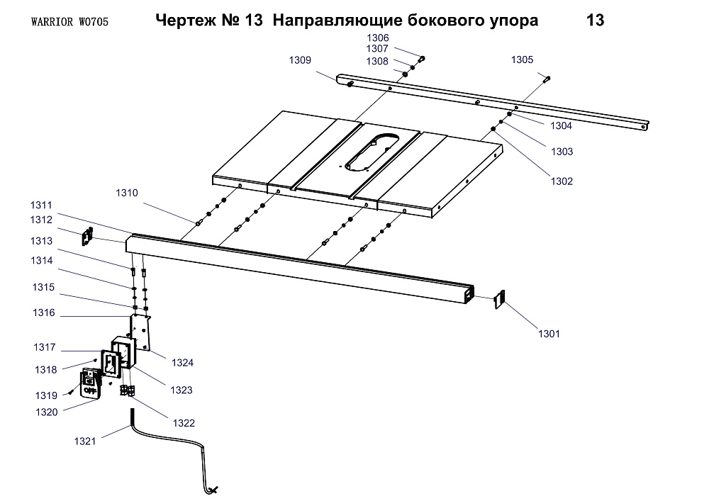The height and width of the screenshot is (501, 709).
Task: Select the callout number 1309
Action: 300,60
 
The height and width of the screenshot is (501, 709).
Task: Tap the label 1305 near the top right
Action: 523,60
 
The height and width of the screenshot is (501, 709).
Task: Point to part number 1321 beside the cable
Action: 85,441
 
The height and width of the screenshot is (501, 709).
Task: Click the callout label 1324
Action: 182,362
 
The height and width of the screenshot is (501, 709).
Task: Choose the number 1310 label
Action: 128,193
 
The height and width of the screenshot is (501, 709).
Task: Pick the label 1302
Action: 561,181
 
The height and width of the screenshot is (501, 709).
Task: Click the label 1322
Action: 184,423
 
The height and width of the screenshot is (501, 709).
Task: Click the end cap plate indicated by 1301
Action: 498,300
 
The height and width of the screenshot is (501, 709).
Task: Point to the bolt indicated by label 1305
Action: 547,79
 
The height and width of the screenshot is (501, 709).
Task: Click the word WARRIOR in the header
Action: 53,22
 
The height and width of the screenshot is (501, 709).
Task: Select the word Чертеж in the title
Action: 182,21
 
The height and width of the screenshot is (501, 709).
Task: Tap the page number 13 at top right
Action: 596,21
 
